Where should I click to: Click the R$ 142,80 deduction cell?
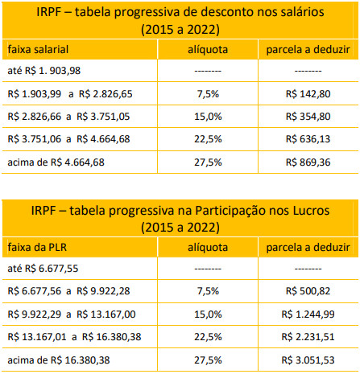(308, 94)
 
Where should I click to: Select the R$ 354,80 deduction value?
(308, 117)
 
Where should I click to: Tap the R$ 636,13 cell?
(308, 139)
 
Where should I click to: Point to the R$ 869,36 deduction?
(308, 162)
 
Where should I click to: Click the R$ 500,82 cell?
(308, 291)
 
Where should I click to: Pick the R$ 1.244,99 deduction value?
(308, 314)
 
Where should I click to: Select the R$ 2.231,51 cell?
(308, 336)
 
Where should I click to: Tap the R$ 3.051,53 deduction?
(308, 360)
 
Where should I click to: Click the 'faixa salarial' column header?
(38, 49)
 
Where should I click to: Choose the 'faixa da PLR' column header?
(37, 247)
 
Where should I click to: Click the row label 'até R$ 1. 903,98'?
(44, 71)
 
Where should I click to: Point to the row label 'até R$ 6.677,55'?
(43, 268)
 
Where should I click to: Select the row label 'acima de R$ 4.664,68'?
(56, 162)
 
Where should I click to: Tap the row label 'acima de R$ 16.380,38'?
(59, 360)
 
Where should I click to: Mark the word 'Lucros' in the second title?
(311, 211)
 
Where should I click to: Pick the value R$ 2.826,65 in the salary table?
(106, 94)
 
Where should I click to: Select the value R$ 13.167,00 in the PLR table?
(106, 314)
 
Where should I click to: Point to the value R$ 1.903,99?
(35, 94)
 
